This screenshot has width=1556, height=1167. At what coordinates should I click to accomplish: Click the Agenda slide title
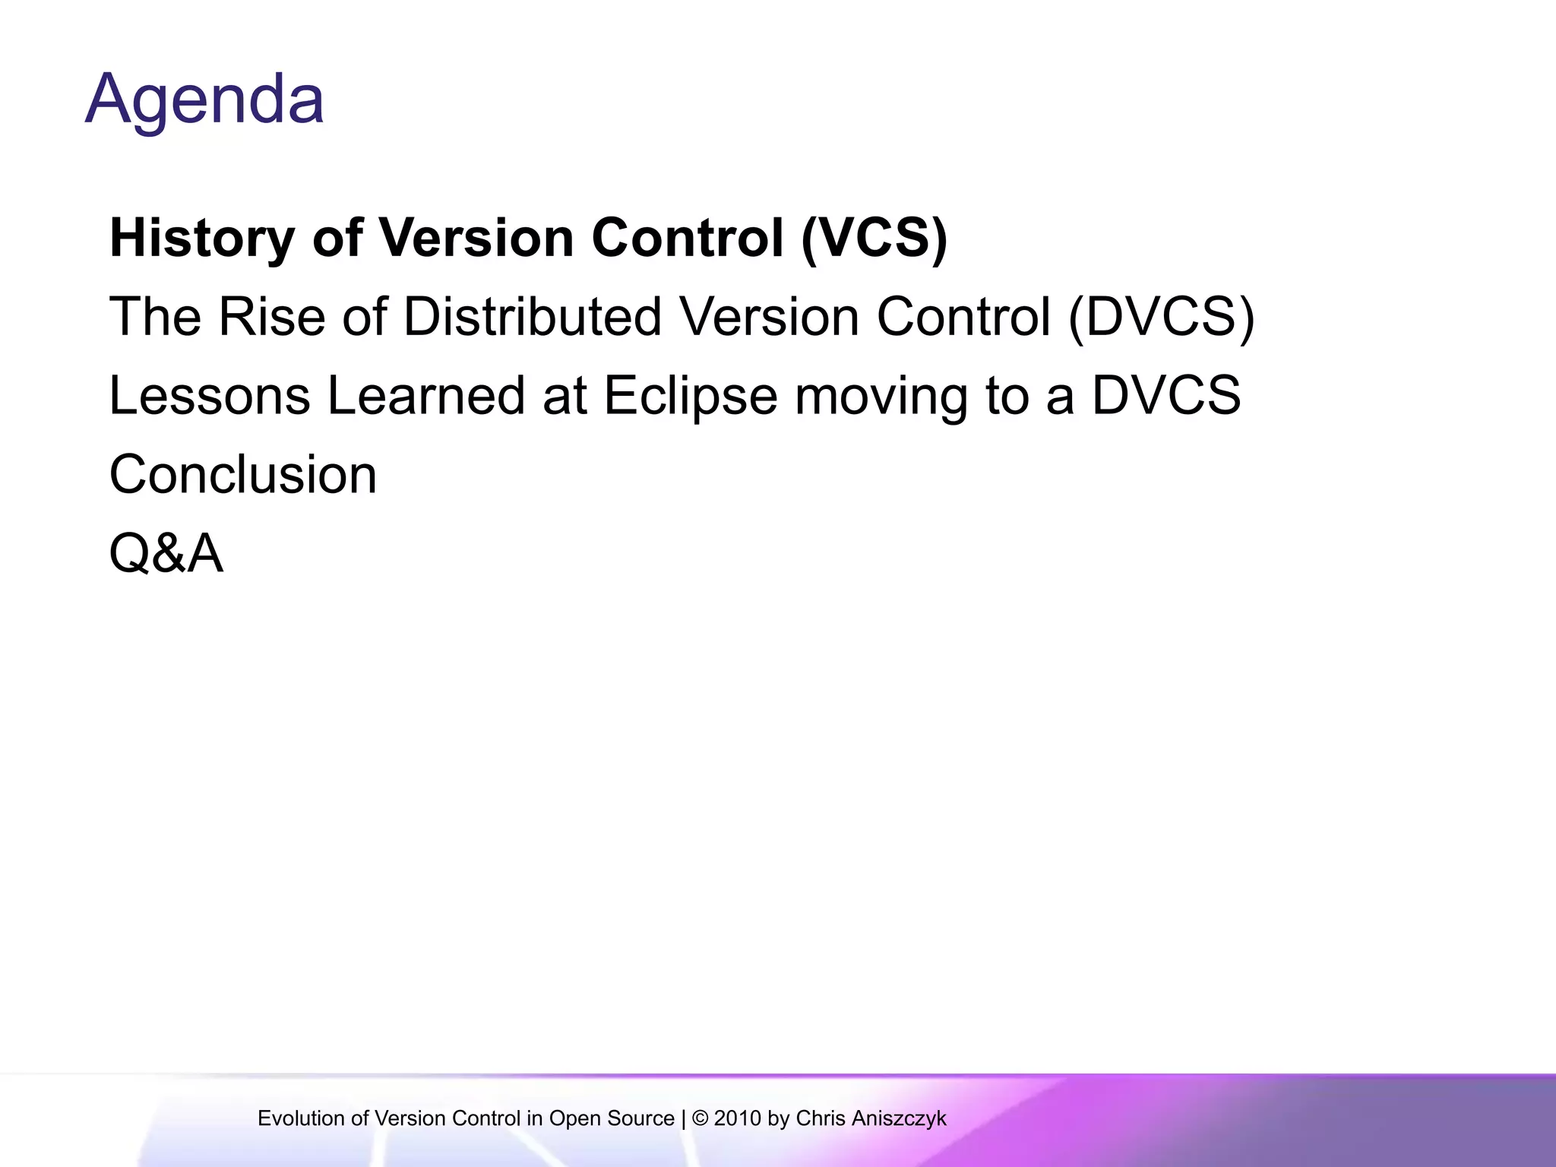tap(204, 100)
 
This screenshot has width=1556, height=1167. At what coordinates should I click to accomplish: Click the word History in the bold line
tap(202, 238)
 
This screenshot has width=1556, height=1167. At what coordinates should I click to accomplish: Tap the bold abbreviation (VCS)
tap(874, 238)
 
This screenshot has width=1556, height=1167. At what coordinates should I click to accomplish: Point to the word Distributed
tap(532, 317)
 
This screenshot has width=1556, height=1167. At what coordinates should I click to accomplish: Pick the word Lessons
tap(210, 396)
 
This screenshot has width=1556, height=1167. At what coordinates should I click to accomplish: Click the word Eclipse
tap(690, 397)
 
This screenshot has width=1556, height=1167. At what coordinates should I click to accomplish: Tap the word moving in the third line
tap(881, 397)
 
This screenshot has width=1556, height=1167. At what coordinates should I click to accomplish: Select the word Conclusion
tap(243, 475)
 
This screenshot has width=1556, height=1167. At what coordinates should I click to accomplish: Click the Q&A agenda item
tap(166, 554)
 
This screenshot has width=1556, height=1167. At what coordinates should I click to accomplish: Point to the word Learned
tap(425, 396)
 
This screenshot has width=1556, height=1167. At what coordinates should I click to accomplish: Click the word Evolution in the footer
tap(301, 1118)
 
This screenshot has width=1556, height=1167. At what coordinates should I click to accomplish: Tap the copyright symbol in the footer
tap(700, 1118)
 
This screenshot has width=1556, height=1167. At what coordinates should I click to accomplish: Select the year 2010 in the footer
tap(738, 1118)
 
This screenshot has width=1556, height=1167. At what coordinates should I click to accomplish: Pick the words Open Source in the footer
tap(612, 1118)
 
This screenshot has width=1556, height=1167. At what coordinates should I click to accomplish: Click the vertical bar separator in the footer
tap(683, 1118)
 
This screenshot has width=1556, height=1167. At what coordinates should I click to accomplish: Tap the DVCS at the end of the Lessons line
tap(1165, 396)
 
